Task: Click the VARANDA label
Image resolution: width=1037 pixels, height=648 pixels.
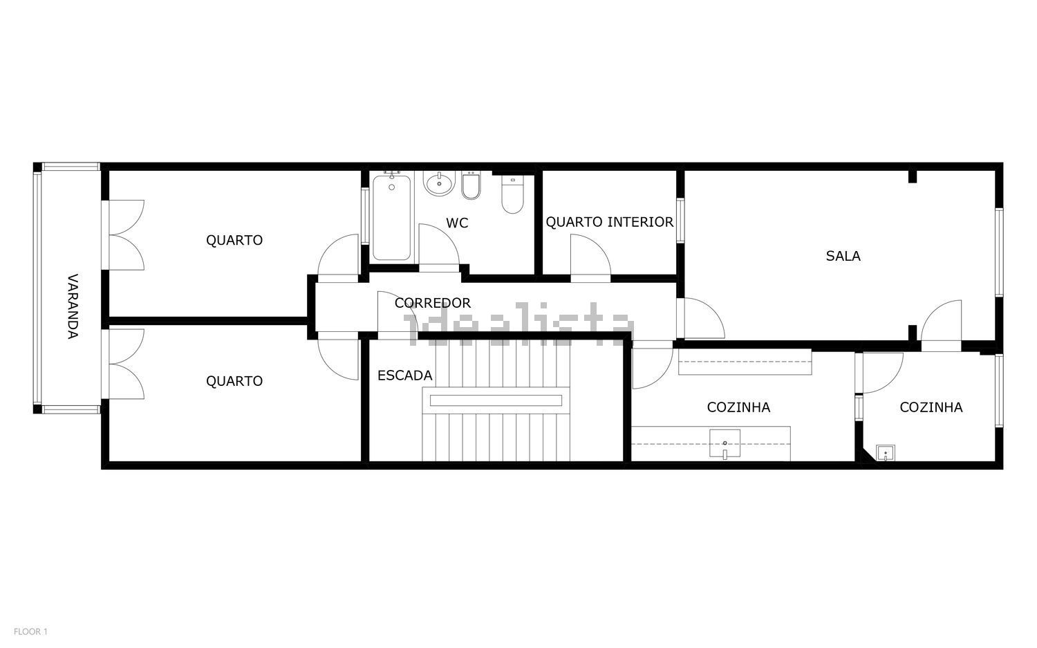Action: click(73, 306)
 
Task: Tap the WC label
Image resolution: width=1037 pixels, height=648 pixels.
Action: click(457, 223)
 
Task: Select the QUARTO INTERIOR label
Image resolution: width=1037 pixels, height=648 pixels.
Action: click(609, 222)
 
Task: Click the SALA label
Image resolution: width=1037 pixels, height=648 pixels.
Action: click(843, 256)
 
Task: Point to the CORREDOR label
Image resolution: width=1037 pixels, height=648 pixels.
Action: click(432, 303)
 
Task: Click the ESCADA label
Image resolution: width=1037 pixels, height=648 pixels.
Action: click(404, 376)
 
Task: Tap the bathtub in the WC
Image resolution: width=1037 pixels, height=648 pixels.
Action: click(392, 216)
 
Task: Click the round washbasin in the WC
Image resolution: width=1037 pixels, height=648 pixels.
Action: click(439, 183)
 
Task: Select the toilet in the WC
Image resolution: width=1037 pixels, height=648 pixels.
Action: click(512, 194)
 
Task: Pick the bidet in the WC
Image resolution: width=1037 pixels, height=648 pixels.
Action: click(471, 185)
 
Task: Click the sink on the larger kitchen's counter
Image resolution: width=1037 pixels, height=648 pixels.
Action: click(725, 444)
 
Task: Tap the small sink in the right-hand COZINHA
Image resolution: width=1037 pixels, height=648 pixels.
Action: click(885, 452)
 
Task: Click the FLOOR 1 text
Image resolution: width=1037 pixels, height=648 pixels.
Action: click(30, 631)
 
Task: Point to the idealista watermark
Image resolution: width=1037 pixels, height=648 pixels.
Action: click(518, 324)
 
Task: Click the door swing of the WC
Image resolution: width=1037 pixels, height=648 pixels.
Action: click(439, 245)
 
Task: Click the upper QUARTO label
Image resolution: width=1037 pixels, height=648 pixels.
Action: click(234, 240)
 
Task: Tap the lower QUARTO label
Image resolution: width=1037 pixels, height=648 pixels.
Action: click(234, 381)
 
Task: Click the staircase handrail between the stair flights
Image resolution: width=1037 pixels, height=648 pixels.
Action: click(496, 400)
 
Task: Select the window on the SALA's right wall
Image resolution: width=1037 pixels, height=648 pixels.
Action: click(999, 252)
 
